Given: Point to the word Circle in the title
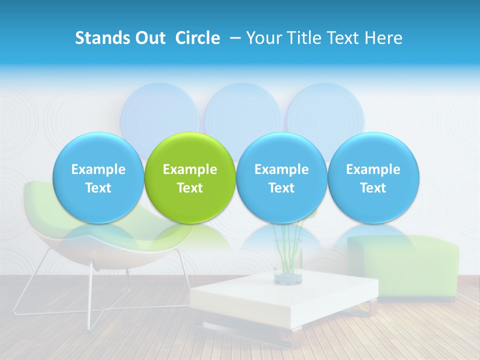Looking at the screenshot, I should click(x=197, y=38).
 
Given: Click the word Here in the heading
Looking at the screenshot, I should click(x=384, y=38).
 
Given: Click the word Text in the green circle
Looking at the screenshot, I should click(x=190, y=188).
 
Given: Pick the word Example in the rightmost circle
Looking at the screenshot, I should click(x=373, y=169).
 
